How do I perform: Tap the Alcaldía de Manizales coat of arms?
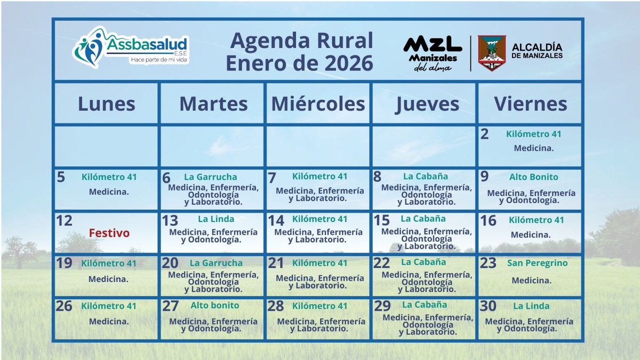click(x=492, y=53)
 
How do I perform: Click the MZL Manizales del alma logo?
click(x=433, y=53)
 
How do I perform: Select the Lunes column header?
click(x=107, y=103)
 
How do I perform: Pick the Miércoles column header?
click(x=318, y=103)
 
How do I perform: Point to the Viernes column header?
click(x=530, y=103)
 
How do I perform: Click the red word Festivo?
click(x=109, y=233)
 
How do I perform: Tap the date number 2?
click(x=484, y=134)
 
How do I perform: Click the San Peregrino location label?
click(x=538, y=263)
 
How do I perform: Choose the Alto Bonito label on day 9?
click(x=533, y=177)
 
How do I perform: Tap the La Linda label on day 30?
click(x=531, y=306)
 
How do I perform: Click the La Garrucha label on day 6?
click(x=211, y=177)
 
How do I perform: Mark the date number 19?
click(x=64, y=263)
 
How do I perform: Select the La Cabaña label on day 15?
click(x=423, y=219)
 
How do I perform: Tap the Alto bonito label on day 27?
click(x=215, y=306)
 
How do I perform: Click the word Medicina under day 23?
click(x=530, y=280)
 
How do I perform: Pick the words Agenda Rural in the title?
click(x=301, y=40)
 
